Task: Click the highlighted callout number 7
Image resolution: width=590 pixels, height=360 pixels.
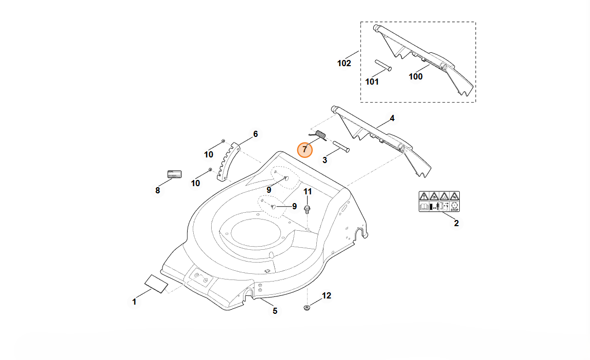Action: (x=305, y=149)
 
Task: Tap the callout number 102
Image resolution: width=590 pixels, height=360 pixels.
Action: (x=344, y=63)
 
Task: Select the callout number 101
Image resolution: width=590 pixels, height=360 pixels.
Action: (x=372, y=82)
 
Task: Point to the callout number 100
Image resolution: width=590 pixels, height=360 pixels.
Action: (x=415, y=76)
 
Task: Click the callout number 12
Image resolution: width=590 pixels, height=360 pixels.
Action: (x=327, y=296)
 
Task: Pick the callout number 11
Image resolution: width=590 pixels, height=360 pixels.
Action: (x=308, y=191)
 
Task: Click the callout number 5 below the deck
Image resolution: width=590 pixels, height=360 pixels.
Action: (x=275, y=311)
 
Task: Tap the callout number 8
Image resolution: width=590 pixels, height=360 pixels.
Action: (x=157, y=190)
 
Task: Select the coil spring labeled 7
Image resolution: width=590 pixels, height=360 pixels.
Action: (x=321, y=135)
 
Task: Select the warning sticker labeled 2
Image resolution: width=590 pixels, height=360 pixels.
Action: (x=439, y=202)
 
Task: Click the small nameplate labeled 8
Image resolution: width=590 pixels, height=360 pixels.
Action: (x=174, y=174)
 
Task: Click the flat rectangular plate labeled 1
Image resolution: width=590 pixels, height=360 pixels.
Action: (x=156, y=283)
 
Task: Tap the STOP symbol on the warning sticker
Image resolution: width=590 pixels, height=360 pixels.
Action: (x=454, y=207)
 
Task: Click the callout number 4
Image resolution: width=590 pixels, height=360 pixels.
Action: (x=392, y=118)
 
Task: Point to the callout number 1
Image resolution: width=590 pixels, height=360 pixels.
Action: (x=134, y=302)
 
